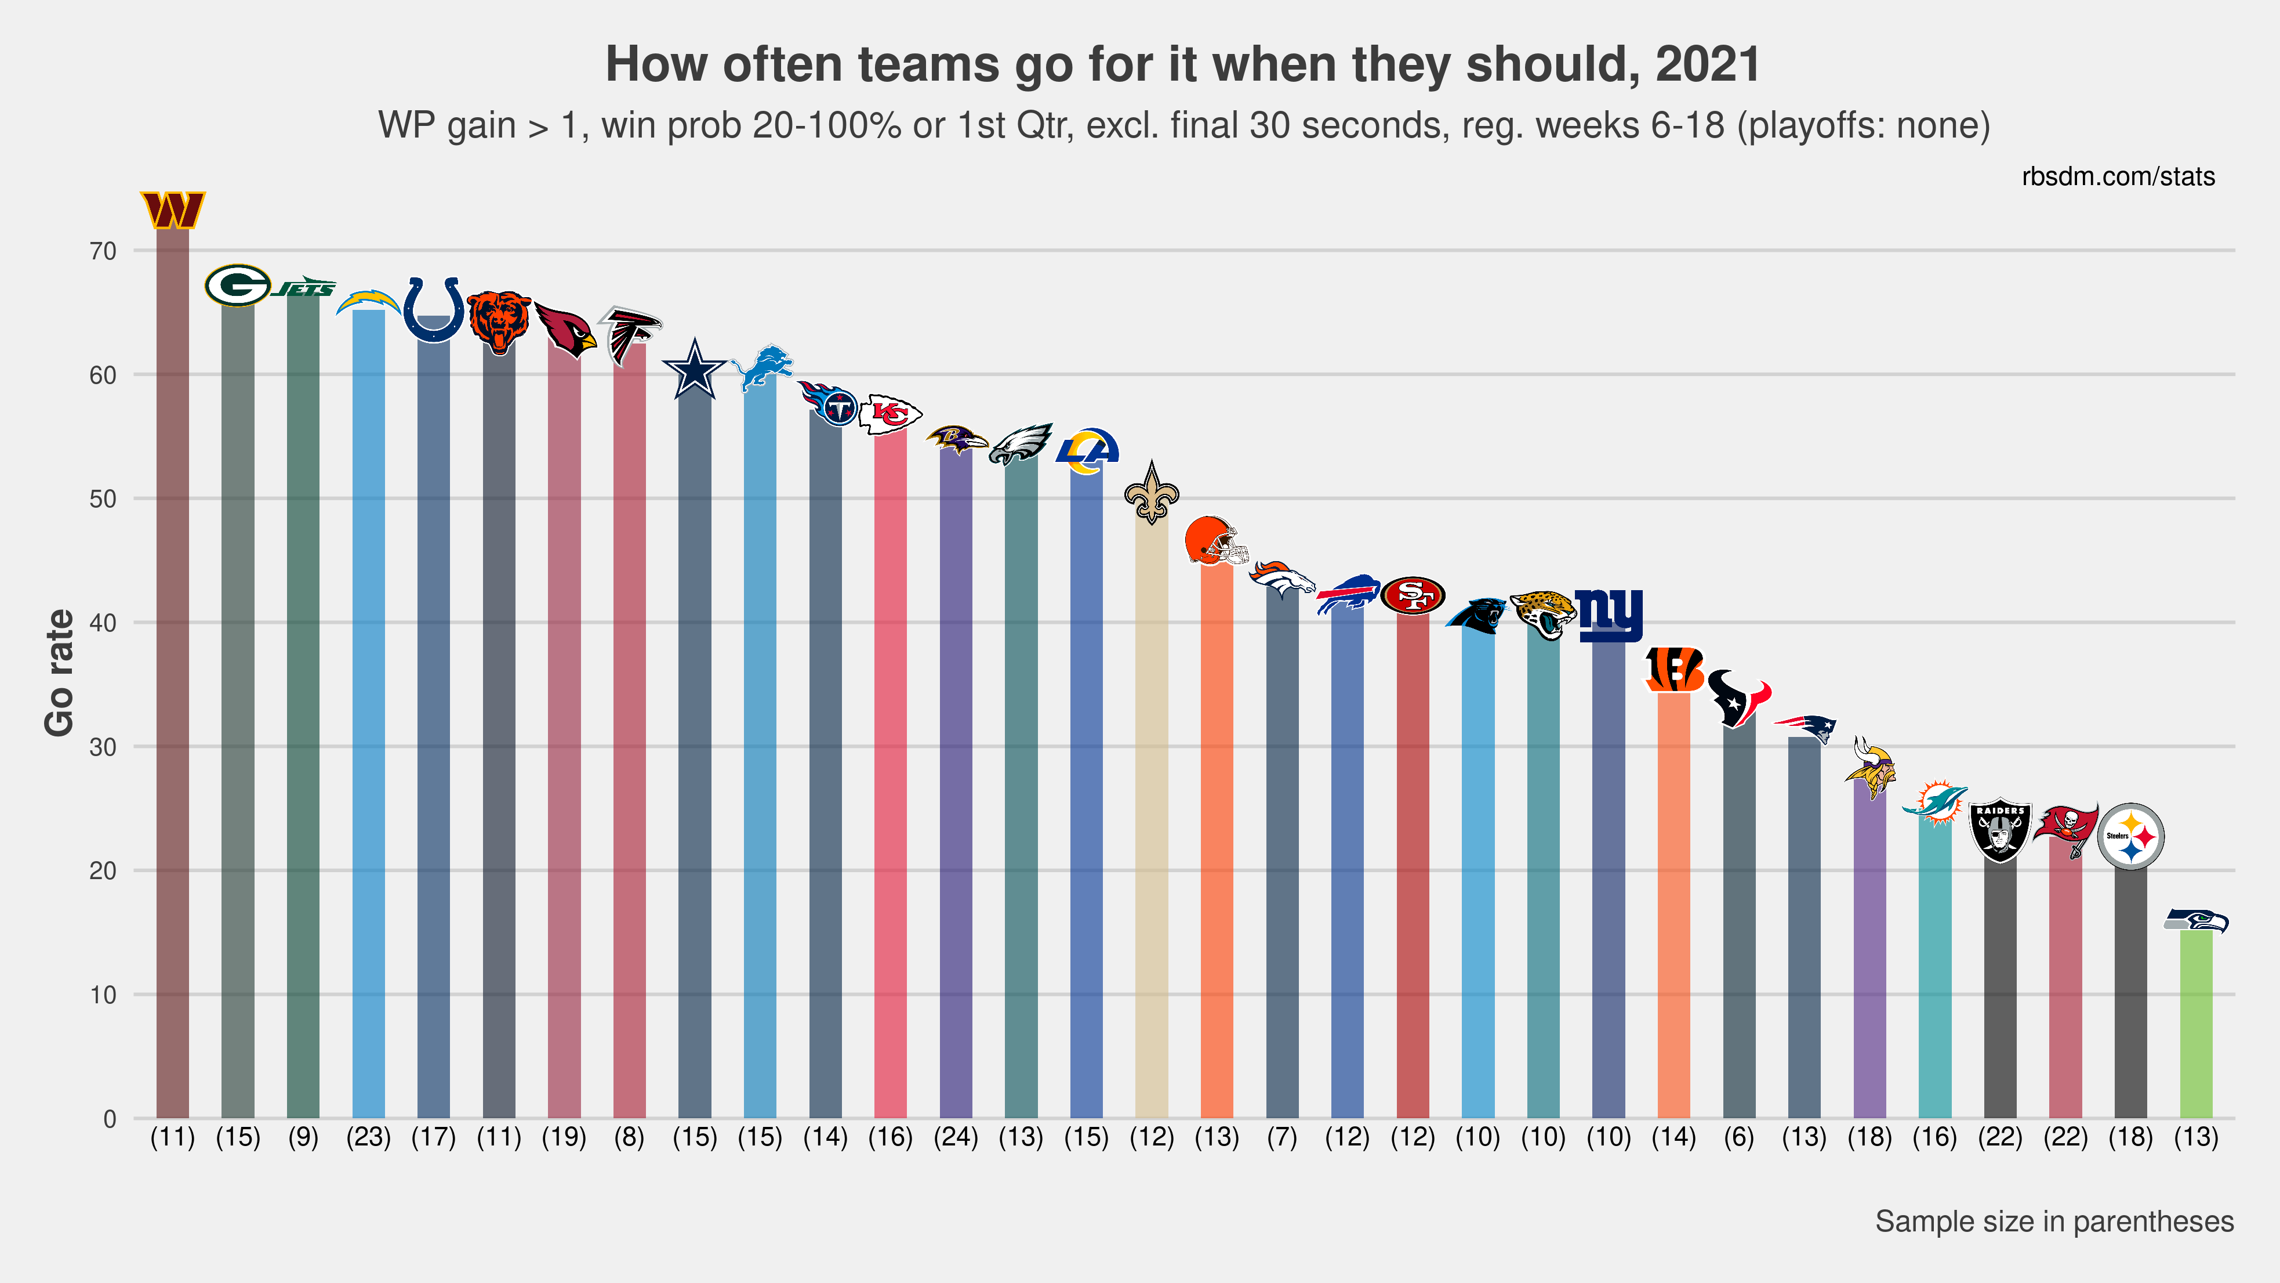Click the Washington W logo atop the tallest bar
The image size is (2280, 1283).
173,210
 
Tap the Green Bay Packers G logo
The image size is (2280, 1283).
237,285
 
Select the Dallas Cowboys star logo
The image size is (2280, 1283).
695,369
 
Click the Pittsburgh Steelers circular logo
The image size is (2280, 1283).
2130,836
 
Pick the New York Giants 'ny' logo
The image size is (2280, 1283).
1609,613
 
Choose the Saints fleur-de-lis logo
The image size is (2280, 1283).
1152,494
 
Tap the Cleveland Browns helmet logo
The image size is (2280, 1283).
1216,540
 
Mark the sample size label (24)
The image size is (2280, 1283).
956,1137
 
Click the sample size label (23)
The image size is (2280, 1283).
368,1137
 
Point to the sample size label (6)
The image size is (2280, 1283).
1739,1137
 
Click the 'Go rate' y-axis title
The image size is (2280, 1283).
59,673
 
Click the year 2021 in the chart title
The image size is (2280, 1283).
1707,64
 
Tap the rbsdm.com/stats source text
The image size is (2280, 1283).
2118,177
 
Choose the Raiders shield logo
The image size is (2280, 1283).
2001,832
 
